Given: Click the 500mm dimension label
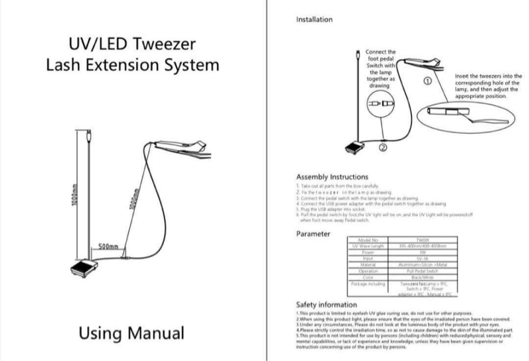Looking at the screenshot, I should coord(108,246).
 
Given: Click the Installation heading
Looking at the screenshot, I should coord(314,20).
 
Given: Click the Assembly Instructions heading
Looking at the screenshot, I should coord(332,177).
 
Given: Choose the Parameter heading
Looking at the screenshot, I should coord(313,234).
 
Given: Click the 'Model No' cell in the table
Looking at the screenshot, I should coord(368,240).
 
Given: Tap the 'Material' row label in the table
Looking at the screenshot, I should coord(368,265).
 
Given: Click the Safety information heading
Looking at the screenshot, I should coord(326,305).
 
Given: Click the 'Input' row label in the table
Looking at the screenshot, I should coord(368,258).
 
